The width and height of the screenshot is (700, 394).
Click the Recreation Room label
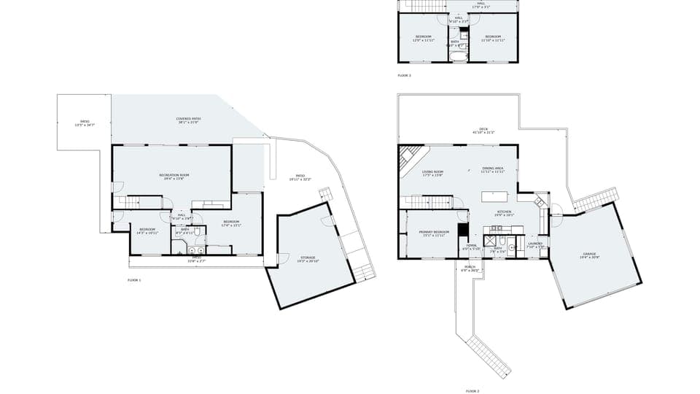point(174,176)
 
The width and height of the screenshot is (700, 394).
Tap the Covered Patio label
point(188,120)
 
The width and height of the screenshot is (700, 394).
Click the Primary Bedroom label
point(432,234)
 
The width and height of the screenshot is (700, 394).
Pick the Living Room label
point(432,173)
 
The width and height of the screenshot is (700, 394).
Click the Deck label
point(483,131)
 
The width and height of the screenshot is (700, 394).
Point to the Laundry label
point(535,245)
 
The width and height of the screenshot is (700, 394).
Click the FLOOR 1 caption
point(134,280)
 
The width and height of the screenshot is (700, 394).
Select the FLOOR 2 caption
point(472,391)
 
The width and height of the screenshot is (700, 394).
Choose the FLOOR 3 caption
point(404,76)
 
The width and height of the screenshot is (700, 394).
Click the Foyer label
point(471,247)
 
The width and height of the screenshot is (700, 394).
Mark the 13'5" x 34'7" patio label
point(85,123)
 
